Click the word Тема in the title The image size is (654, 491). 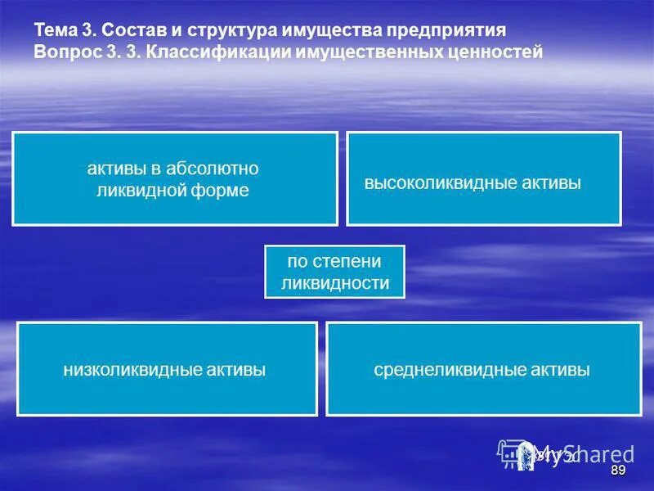click(x=55, y=30)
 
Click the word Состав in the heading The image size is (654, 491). click(x=132, y=30)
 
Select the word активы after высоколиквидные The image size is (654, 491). click(x=550, y=183)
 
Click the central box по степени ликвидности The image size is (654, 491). click(x=334, y=272)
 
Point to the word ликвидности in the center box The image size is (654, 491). click(x=334, y=283)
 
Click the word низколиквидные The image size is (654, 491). click(x=133, y=370)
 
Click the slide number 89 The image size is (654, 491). click(x=618, y=471)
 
